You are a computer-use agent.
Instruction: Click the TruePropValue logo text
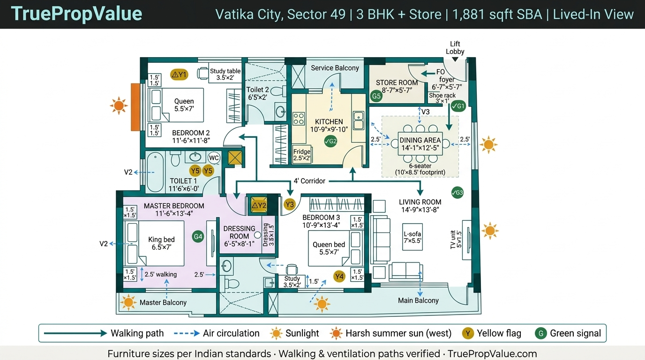(x=76, y=14)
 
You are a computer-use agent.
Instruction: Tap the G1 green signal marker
(x=458, y=106)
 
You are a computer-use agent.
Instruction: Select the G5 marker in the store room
(x=376, y=97)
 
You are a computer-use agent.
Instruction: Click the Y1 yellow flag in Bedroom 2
(x=179, y=75)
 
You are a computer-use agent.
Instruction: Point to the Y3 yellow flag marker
(x=290, y=204)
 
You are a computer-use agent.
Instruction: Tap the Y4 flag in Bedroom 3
(x=339, y=277)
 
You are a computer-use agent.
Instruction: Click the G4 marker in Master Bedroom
(x=198, y=237)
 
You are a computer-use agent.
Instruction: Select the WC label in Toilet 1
(x=214, y=157)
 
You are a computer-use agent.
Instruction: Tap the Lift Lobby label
(x=455, y=48)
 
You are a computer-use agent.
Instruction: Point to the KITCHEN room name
(x=329, y=121)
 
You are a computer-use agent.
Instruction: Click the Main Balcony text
(x=418, y=300)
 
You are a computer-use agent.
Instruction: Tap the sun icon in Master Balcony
(x=128, y=302)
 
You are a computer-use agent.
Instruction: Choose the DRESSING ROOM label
(x=239, y=232)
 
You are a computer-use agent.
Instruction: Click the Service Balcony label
(x=335, y=68)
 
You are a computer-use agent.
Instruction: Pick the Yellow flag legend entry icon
(x=467, y=333)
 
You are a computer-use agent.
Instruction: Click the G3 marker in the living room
(x=457, y=193)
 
